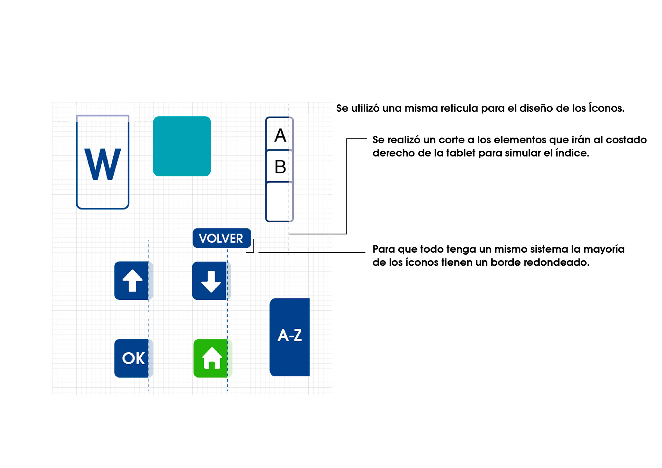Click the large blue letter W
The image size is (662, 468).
pyautogui.click(x=103, y=164)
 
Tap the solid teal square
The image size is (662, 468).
pyautogui.click(x=182, y=146)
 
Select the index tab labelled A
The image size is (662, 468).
pyautogui.click(x=280, y=135)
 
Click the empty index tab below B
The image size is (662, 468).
pyautogui.click(x=279, y=202)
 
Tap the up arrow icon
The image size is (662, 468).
pyautogui.click(x=132, y=281)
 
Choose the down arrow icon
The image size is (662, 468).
pyautogui.click(x=211, y=281)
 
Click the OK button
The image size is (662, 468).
pyautogui.click(x=133, y=358)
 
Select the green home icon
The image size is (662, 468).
pyautogui.click(x=212, y=358)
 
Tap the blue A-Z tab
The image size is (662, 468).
pyautogui.click(x=290, y=336)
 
